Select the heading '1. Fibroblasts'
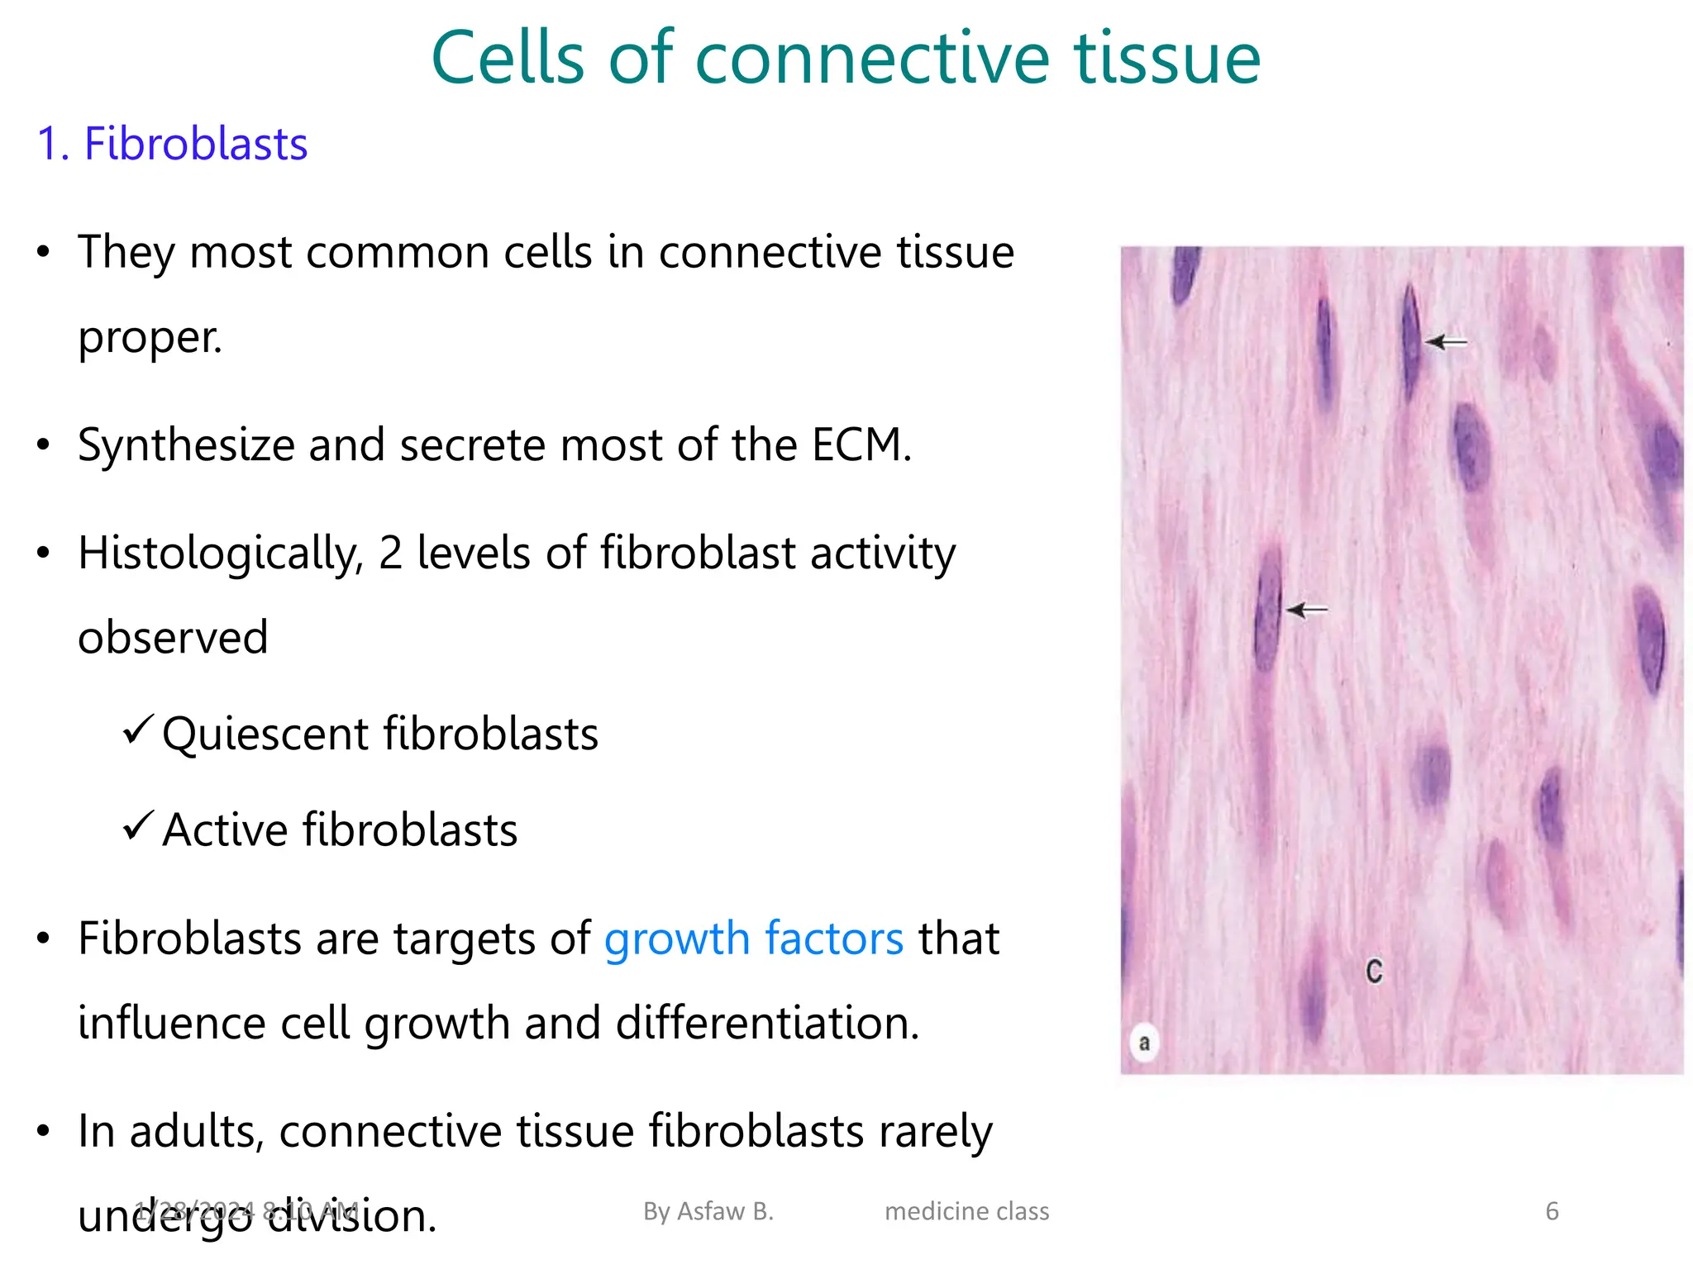172,144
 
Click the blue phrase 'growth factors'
753,939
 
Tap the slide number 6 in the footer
1552,1211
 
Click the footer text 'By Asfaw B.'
708,1211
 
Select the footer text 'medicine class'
966,1211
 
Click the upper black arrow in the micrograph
1446,341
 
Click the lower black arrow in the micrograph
1307,610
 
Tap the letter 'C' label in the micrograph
1374,971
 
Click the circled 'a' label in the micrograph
1144,1043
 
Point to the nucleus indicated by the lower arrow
1267,609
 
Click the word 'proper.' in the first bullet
150,337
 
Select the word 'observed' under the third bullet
173,638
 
